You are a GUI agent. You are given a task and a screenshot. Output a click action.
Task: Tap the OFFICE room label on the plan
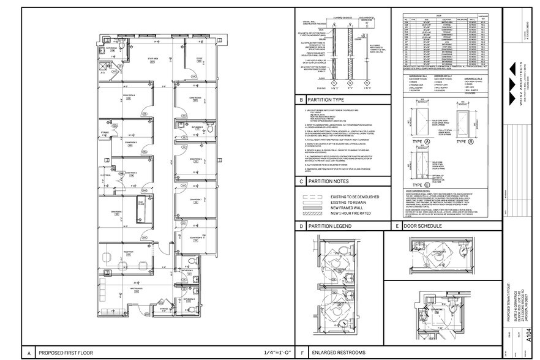pyautogui.click(x=198, y=59)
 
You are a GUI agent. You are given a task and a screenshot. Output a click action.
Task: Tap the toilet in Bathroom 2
pyautogui.click(x=208, y=130)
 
